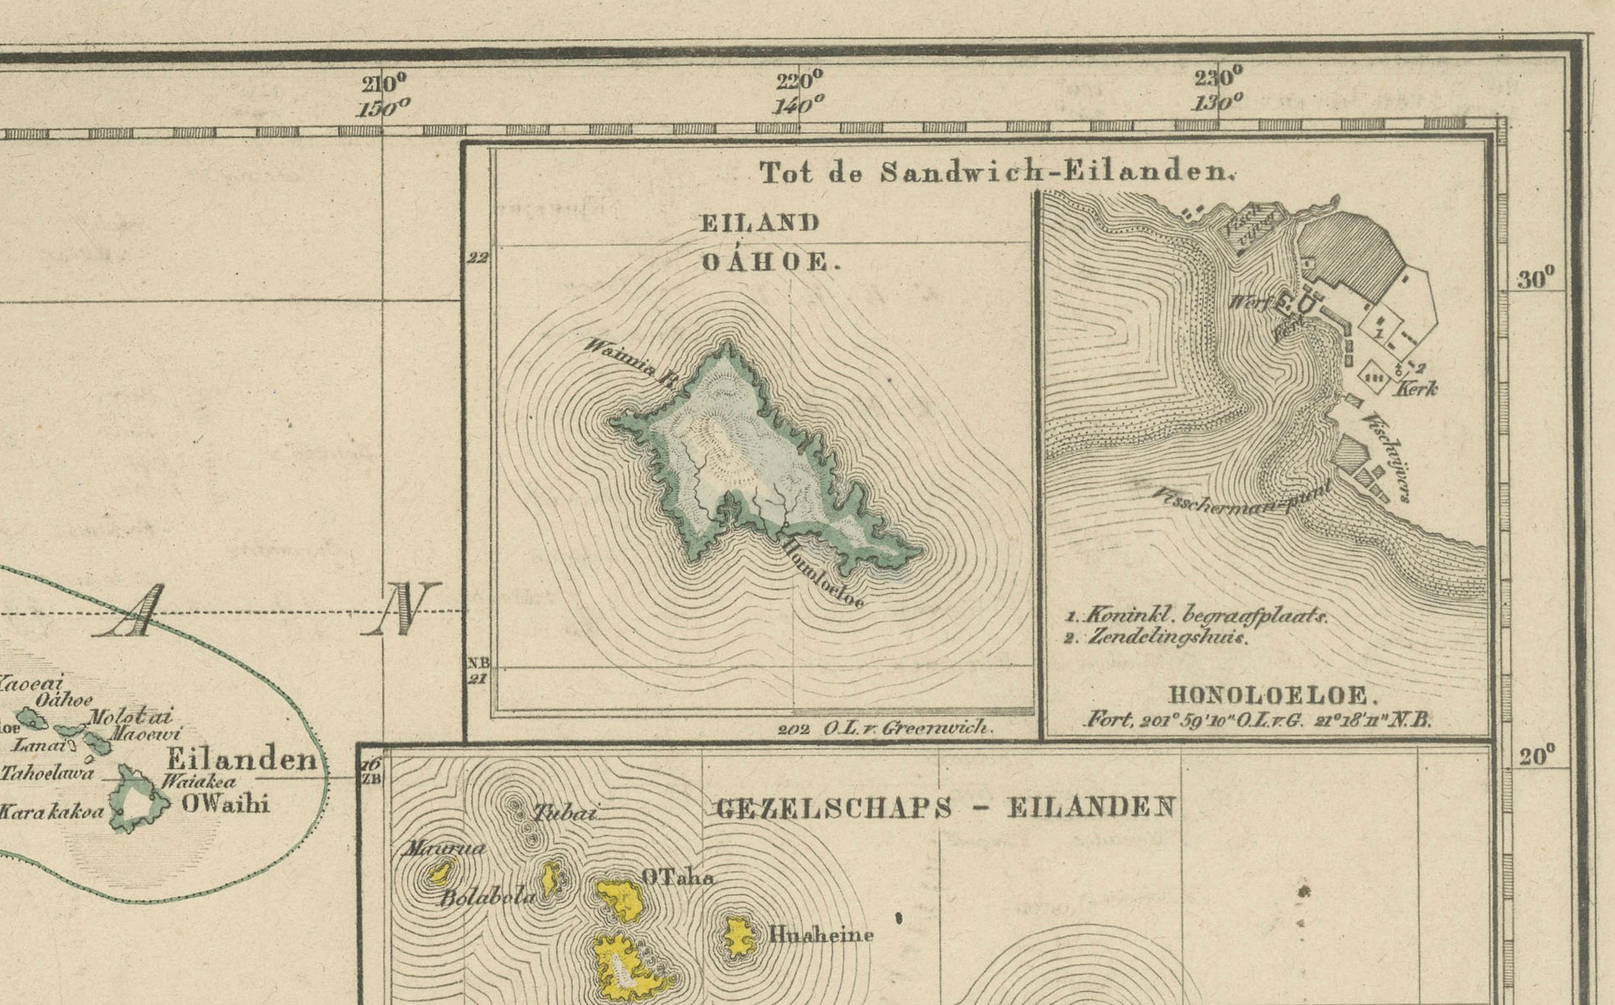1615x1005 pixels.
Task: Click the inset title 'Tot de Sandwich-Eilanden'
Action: pos(995,173)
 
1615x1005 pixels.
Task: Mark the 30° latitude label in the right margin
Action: pos(1536,279)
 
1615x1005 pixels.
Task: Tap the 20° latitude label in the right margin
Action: pos(1537,756)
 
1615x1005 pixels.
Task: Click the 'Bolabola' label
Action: pos(487,898)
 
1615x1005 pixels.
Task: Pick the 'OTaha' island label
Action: pos(678,878)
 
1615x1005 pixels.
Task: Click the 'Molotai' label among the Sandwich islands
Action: pos(130,717)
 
